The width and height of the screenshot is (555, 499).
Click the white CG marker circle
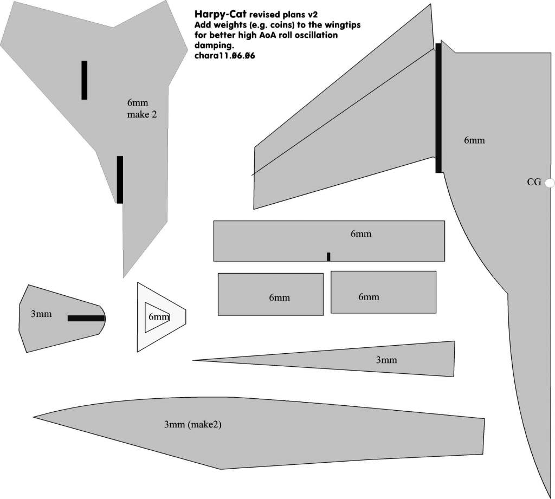click(x=549, y=183)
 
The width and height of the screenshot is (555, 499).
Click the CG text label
click(x=534, y=183)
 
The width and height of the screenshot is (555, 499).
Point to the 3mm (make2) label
click(x=192, y=425)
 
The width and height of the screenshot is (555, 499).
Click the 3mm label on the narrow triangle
click(x=386, y=360)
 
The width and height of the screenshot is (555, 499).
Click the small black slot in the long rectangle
click(x=328, y=256)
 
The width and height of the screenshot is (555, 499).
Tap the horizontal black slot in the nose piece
click(x=86, y=318)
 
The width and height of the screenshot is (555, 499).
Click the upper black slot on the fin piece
click(x=84, y=80)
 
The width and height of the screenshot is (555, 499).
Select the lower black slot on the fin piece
click(x=120, y=179)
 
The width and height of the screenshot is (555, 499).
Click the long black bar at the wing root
click(x=438, y=108)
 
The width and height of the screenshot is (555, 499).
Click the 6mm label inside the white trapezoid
click(x=159, y=317)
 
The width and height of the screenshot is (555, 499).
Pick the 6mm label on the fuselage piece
click(x=474, y=140)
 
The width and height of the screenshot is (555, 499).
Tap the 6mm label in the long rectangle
click(x=361, y=234)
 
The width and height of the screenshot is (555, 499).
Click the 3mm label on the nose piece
click(x=41, y=313)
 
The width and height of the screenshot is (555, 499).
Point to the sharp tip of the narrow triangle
click(x=193, y=360)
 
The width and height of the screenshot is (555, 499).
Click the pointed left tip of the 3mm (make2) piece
click(x=35, y=417)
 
